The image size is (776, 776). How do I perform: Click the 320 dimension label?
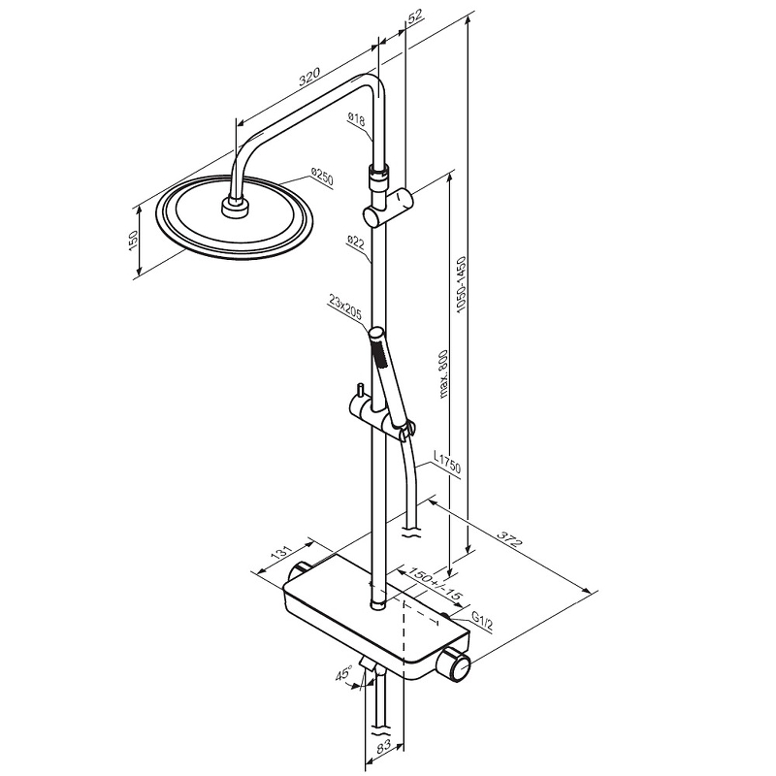309,77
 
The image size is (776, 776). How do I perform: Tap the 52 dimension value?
415,16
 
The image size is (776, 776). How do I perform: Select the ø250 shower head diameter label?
322,177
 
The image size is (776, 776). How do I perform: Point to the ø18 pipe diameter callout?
356,119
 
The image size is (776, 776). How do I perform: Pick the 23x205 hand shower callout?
345,307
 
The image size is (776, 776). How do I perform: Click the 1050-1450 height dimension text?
462,284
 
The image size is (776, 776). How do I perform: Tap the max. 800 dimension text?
442,373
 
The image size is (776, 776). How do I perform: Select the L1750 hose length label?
447,462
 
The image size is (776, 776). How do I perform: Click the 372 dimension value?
509,539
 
